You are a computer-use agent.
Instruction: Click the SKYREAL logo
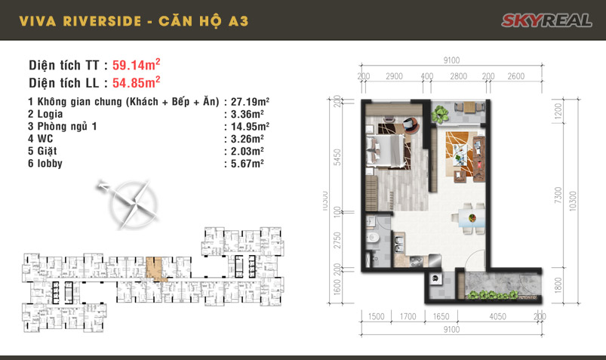tap(546, 20)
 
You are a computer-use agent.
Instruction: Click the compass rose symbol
tap(132, 201)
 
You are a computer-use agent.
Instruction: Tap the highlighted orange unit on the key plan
tap(155, 267)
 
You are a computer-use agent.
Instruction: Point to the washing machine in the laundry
tap(435, 279)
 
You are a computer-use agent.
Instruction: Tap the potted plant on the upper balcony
tap(440, 115)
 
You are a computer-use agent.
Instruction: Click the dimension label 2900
tap(392, 77)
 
